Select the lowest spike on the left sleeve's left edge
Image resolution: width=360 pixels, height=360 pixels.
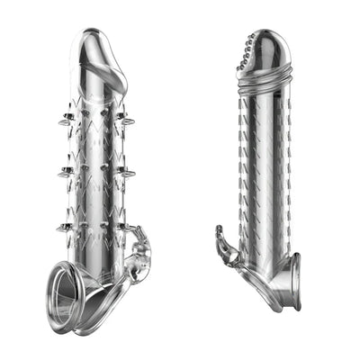[64, 228]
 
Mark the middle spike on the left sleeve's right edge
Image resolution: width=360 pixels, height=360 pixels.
[129, 171]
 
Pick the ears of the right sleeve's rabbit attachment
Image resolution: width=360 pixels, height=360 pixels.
[220, 235]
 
